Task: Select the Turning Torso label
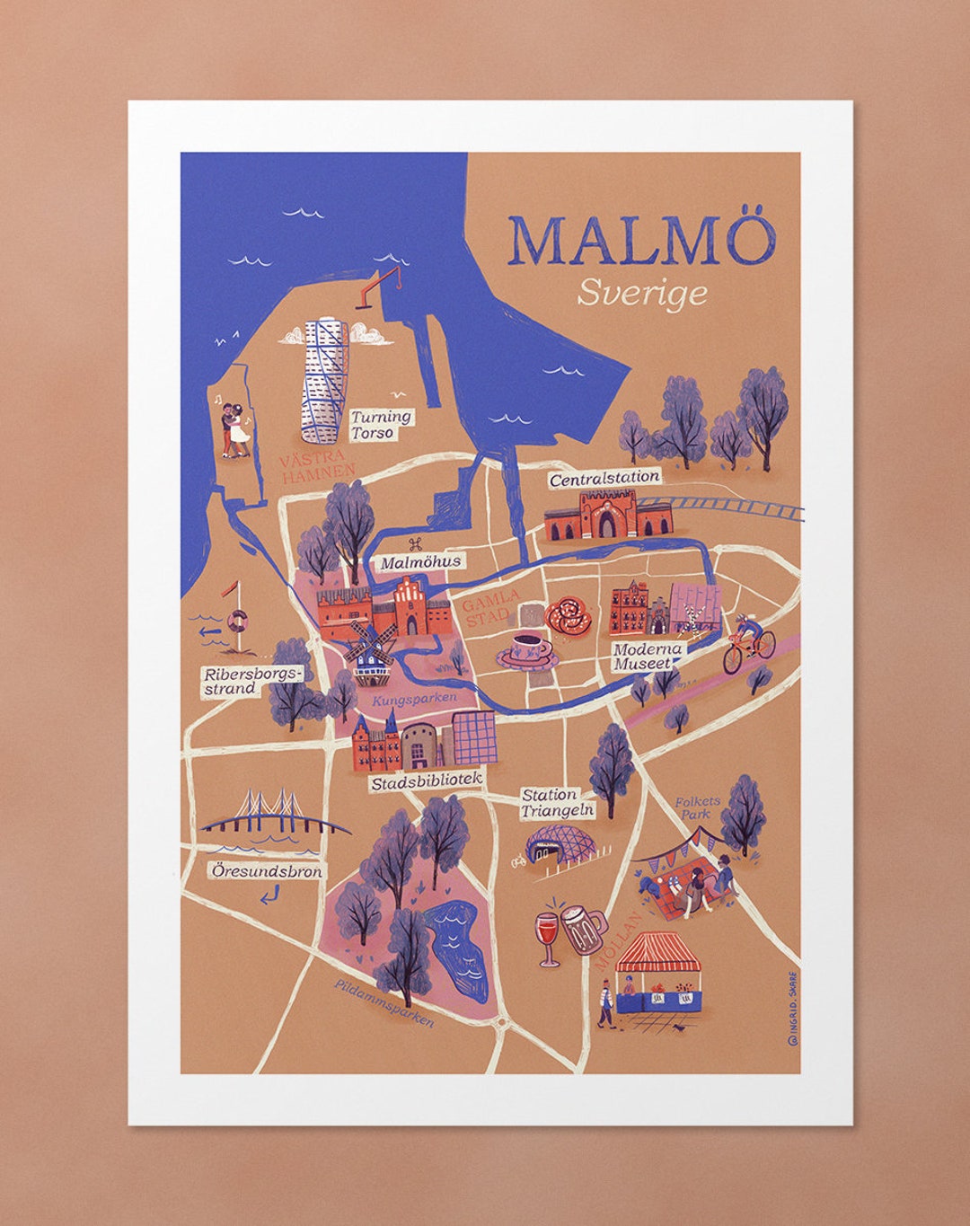click(381, 424)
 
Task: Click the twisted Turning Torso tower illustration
click(323, 381)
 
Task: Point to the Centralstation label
click(604, 479)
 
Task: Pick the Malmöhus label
click(420, 562)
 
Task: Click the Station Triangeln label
click(558, 803)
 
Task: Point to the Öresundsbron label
click(267, 871)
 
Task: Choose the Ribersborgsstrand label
click(252, 681)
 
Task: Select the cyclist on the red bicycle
click(749, 642)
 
